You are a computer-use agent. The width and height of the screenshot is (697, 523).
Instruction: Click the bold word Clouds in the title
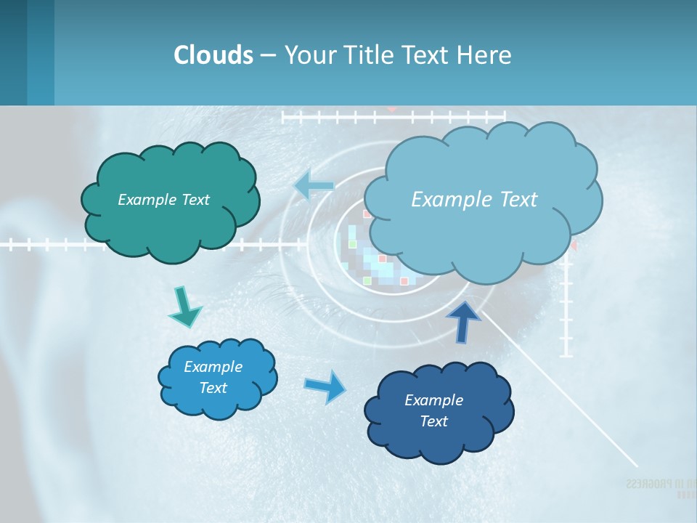point(213,55)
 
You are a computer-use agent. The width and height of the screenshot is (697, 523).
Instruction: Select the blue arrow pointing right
point(325,386)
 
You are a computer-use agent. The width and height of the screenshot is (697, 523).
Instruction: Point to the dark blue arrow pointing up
point(463,320)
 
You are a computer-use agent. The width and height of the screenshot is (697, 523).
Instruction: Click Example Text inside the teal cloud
point(163,200)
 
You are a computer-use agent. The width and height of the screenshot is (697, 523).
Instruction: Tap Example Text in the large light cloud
point(474,200)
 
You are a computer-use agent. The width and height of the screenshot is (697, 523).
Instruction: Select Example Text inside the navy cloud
point(433,410)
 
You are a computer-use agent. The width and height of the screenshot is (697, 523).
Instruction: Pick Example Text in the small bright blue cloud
point(213,377)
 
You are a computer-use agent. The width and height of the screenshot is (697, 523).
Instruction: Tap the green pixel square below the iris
point(367,280)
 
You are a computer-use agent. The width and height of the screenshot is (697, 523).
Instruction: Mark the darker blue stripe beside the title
point(41,52)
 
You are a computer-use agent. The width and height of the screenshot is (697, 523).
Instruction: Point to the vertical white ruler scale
point(566,305)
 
